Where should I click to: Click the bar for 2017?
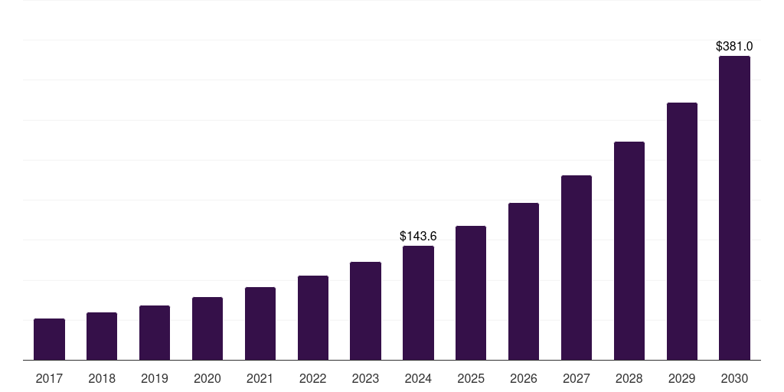tap(49, 339)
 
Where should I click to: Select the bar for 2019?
tap(155, 333)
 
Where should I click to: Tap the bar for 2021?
tap(260, 324)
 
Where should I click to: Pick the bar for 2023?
tap(365, 311)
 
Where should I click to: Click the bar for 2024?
tap(418, 303)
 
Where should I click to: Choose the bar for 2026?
tap(524, 282)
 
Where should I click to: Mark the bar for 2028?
tap(629, 251)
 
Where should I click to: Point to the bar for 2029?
tap(682, 231)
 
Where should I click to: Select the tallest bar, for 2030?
tap(734, 208)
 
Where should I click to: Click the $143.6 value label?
tap(418, 237)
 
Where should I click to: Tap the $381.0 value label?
tap(734, 47)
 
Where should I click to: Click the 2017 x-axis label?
tap(49, 378)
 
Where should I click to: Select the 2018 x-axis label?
tap(102, 378)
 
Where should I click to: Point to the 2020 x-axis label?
tap(207, 378)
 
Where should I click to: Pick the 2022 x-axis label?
tap(312, 378)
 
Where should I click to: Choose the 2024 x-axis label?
tap(418, 378)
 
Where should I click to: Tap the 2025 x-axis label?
tap(471, 378)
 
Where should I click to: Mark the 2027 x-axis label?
tap(577, 378)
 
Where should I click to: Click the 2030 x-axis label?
tap(734, 378)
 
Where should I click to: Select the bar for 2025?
tap(471, 293)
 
